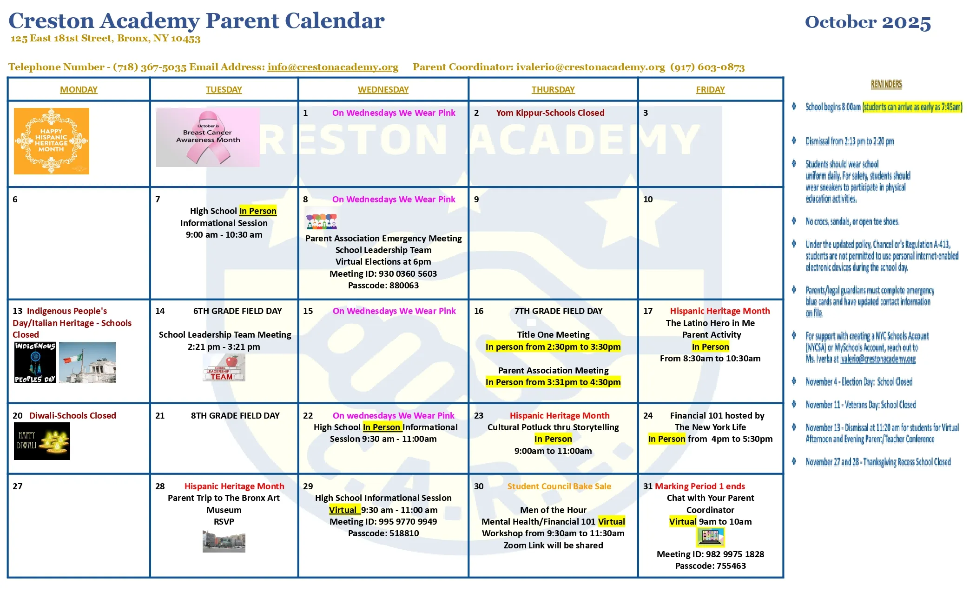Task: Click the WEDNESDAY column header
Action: pyautogui.click(x=383, y=89)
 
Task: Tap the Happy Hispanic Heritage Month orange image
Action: pyautogui.click(x=51, y=141)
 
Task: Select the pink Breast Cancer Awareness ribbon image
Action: pyautogui.click(x=208, y=138)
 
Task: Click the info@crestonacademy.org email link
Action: pyautogui.click(x=333, y=67)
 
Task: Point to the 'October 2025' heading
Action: pyautogui.click(x=868, y=22)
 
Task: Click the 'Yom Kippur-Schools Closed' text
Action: pyautogui.click(x=550, y=113)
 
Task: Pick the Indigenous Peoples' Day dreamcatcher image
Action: pyautogui.click(x=35, y=363)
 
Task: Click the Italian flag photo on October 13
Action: pyautogui.click(x=87, y=363)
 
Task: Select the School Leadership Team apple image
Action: pyautogui.click(x=224, y=368)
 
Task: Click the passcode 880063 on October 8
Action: pyautogui.click(x=383, y=285)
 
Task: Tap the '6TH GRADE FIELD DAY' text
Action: pyautogui.click(x=237, y=311)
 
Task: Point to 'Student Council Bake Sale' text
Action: pyautogui.click(x=559, y=486)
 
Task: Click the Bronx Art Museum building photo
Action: pyautogui.click(x=224, y=541)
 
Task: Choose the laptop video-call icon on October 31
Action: pyautogui.click(x=710, y=538)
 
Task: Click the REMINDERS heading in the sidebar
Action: pyautogui.click(x=886, y=84)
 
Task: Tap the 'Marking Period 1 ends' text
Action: pyautogui.click(x=699, y=486)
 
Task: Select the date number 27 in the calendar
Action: pyautogui.click(x=18, y=486)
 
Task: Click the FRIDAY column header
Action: pyautogui.click(x=710, y=89)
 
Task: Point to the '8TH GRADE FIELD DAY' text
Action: pyautogui.click(x=235, y=415)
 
